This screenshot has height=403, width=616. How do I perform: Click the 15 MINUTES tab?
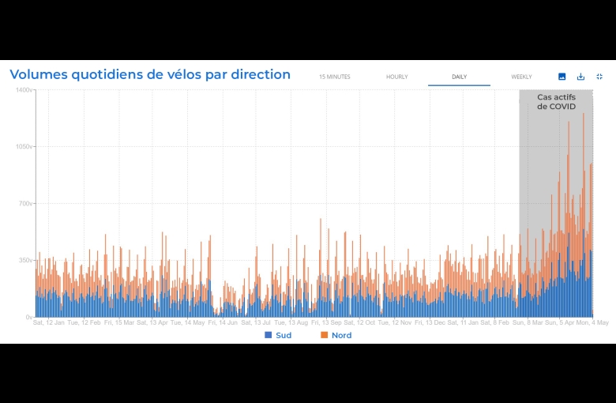tap(334, 77)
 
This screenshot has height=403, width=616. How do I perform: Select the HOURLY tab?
tap(396, 77)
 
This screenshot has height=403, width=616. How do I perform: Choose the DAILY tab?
tap(459, 77)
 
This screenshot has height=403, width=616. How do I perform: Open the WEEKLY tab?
tap(521, 77)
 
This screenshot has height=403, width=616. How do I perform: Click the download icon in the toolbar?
tap(580, 77)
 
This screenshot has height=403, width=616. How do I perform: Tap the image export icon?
tap(562, 77)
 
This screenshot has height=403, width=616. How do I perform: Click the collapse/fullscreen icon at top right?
tap(599, 77)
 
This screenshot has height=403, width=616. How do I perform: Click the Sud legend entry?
tap(278, 336)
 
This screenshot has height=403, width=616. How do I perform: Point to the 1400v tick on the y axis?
tap(24, 90)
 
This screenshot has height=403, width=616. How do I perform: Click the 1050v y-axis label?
tap(24, 147)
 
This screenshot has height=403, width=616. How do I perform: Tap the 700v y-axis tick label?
tap(25, 204)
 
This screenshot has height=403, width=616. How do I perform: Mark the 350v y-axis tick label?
tap(25, 260)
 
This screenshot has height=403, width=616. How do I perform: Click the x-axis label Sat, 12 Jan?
tap(48, 322)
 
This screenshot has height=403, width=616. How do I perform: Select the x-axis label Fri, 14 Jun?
tap(223, 322)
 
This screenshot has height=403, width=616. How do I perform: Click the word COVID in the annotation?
tap(563, 107)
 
